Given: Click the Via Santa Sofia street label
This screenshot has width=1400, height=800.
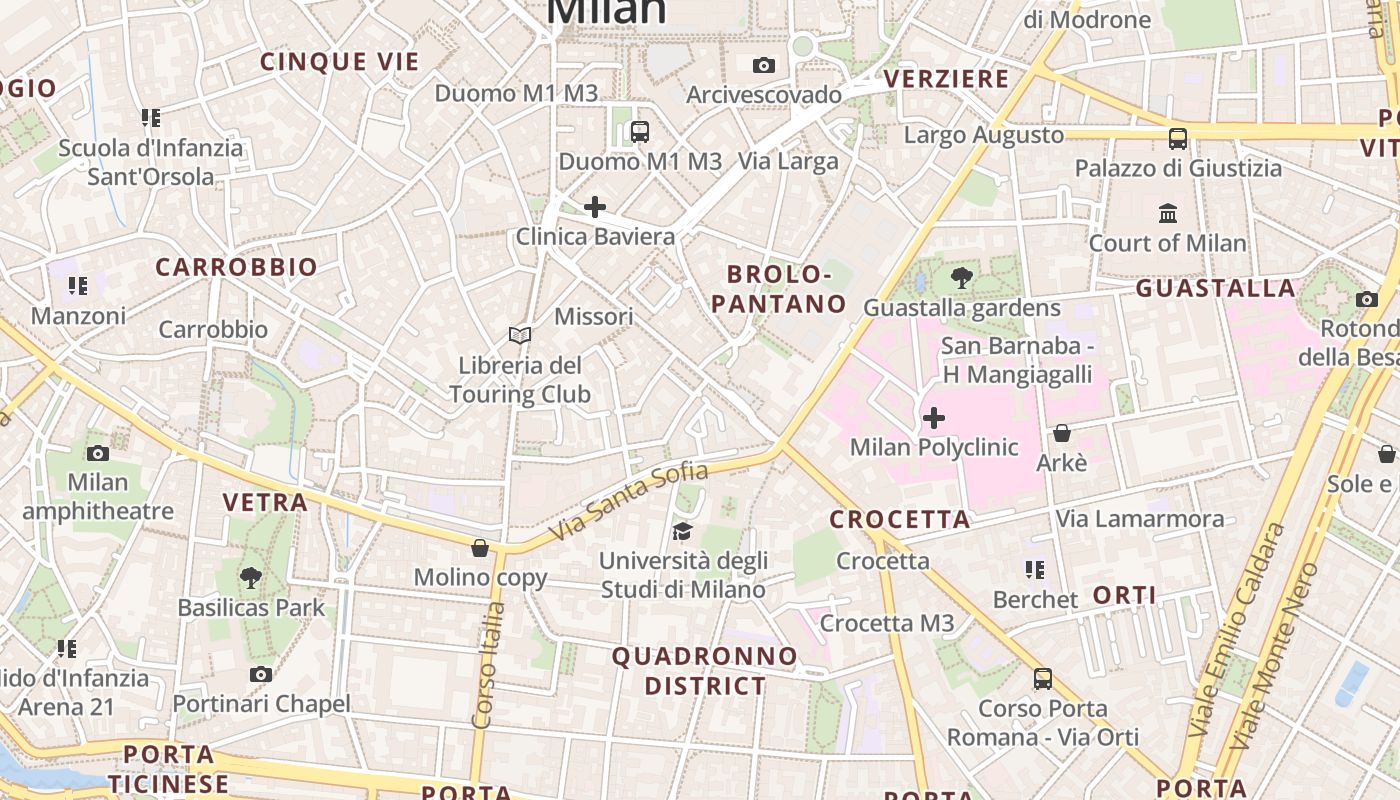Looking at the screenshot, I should (629, 502).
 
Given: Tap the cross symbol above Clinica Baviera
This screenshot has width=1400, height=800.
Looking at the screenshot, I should (595, 207).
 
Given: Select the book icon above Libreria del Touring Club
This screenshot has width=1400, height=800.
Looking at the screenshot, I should (519, 335).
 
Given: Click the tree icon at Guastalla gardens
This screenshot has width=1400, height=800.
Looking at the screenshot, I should (962, 278).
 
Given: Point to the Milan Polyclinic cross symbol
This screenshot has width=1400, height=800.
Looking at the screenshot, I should (934, 417).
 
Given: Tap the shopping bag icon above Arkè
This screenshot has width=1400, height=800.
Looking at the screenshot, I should (1062, 433).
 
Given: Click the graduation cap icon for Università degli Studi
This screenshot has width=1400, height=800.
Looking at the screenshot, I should (683, 530).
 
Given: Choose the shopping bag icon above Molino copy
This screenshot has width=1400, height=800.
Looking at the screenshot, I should (480, 548).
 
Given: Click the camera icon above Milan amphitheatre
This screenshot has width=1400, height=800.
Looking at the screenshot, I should (98, 453).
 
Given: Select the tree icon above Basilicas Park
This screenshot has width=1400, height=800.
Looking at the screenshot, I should (251, 577).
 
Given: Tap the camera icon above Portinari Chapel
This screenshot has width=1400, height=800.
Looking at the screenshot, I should (261, 674).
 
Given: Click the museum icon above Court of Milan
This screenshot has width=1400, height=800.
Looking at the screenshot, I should (1168, 213).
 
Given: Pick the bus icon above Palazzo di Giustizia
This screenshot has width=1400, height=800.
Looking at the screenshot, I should (1178, 138).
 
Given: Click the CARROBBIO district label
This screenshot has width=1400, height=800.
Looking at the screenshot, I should (236, 268).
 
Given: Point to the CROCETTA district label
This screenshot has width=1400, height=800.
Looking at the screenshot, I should (900, 520).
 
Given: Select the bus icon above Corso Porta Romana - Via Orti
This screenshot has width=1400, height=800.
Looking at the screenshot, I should (1043, 679).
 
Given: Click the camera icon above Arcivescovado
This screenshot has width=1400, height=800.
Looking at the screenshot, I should (764, 66).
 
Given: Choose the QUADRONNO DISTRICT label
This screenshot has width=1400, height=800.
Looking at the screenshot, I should (705, 671).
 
